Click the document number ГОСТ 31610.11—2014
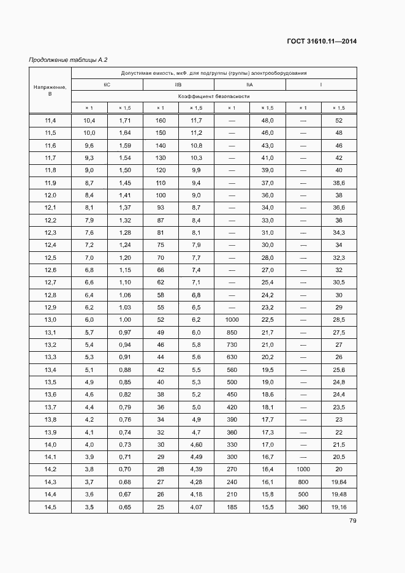[322, 42]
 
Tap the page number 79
[353, 521]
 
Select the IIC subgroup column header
[107, 85]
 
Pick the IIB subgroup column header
[178, 85]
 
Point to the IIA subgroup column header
[249, 85]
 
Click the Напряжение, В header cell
[50, 91]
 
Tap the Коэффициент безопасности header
[214, 96]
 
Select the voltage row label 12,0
[50, 195]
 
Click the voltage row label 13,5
[50, 382]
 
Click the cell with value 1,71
[125, 120]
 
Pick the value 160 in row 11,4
[161, 120]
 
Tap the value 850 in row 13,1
[232, 332]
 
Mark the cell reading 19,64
[339, 482]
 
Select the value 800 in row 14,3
[303, 482]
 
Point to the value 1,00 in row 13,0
[125, 320]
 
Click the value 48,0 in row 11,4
[267, 120]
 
